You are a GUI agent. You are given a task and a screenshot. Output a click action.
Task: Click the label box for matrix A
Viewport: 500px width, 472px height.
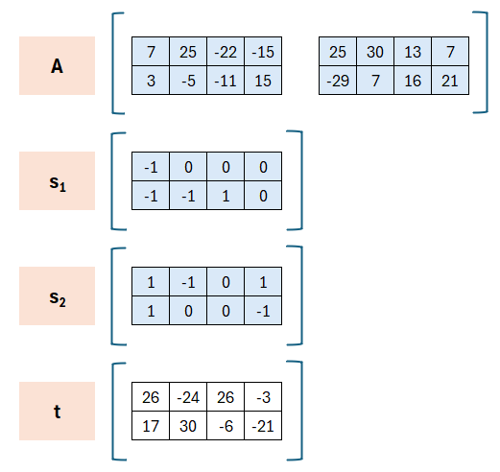pos(57,65)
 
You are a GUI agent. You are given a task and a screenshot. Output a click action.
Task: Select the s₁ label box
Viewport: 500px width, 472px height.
pos(57,180)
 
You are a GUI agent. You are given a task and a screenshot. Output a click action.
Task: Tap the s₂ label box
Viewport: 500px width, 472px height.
pos(57,295)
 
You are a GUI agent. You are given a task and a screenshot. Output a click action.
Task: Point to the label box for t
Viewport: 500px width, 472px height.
pos(57,411)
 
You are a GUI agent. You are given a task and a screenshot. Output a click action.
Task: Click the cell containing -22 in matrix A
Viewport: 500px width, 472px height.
pos(226,52)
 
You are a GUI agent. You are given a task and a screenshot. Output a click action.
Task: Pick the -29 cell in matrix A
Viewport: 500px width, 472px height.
pos(338,81)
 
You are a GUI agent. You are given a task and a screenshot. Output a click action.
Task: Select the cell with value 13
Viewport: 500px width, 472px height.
pos(413,52)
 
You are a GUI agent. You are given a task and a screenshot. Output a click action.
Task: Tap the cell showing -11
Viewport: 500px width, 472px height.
pos(226,81)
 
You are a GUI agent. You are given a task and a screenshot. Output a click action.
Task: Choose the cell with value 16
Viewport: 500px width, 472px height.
pos(413,81)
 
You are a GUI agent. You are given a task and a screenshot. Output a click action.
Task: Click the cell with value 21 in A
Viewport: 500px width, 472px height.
pos(450,81)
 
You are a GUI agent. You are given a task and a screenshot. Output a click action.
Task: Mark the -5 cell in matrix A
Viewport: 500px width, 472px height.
pos(188,81)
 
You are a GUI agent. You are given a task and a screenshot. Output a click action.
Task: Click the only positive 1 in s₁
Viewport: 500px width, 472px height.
pos(226,196)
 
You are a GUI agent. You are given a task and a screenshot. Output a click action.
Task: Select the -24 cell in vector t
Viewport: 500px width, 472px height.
pos(188,397)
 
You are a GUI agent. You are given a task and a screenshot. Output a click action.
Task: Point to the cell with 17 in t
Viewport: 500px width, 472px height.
pos(151,426)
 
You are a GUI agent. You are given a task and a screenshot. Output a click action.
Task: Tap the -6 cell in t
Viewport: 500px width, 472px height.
pos(226,426)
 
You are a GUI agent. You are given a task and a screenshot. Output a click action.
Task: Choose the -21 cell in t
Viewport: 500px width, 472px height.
pos(263,426)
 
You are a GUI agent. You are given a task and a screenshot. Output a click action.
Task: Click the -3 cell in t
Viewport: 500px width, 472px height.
pos(263,397)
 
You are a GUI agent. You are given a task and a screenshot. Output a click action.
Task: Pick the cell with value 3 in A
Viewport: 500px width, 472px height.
pos(151,81)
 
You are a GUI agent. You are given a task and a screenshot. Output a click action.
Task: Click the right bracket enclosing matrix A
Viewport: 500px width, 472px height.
pos(487,62)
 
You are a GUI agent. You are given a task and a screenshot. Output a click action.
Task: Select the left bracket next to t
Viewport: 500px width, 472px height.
pos(113,412)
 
